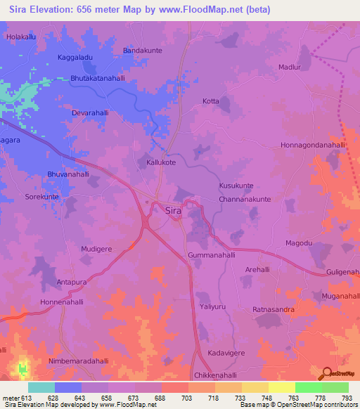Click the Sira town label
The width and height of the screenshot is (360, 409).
coord(174,210)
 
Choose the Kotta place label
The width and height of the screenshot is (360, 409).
coord(211,101)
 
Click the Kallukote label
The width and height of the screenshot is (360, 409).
coord(156,162)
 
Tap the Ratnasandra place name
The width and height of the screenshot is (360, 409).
coord(274,309)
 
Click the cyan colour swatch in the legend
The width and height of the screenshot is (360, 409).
coord(41,387)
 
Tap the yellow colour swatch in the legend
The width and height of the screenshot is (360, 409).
coord(281,387)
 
